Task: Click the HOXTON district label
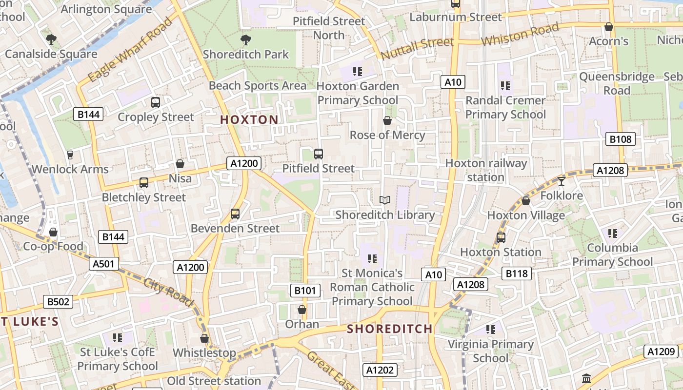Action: [x=249, y=119]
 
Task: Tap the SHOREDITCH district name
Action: [x=389, y=329]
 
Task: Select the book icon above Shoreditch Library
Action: [x=385, y=200]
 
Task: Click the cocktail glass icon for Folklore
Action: [x=562, y=181]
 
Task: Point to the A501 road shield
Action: [x=104, y=264]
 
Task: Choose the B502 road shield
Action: [x=58, y=302]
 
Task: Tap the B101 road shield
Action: [x=305, y=291]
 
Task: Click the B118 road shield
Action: [x=516, y=273]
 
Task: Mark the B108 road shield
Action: [x=620, y=139]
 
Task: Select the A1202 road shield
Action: [x=380, y=370]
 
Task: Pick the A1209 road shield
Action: [x=661, y=351]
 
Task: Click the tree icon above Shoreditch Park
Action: [x=245, y=39]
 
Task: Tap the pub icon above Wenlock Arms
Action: [x=70, y=155]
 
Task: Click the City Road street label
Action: [x=169, y=291]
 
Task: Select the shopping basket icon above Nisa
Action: [x=180, y=164]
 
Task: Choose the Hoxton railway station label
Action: [x=486, y=170]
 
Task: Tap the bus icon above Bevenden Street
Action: [x=235, y=214]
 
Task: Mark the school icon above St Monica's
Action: [x=372, y=258]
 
